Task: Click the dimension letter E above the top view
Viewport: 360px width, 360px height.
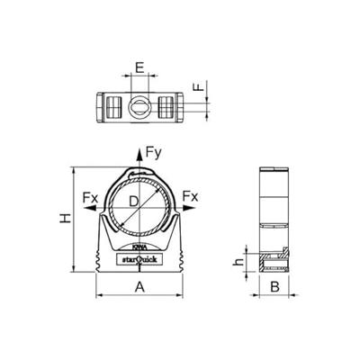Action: (x=139, y=67)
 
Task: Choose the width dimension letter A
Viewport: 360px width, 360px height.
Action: (x=139, y=286)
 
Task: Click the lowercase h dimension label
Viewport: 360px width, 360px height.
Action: (x=238, y=263)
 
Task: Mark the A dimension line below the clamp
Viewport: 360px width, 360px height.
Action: (x=139, y=296)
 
